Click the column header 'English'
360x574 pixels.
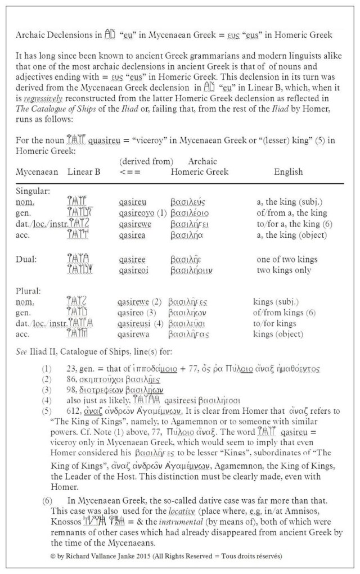(288, 172)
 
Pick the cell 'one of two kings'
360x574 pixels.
(286, 259)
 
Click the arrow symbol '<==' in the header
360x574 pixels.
(130, 172)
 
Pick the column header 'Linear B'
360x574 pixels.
(84, 172)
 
